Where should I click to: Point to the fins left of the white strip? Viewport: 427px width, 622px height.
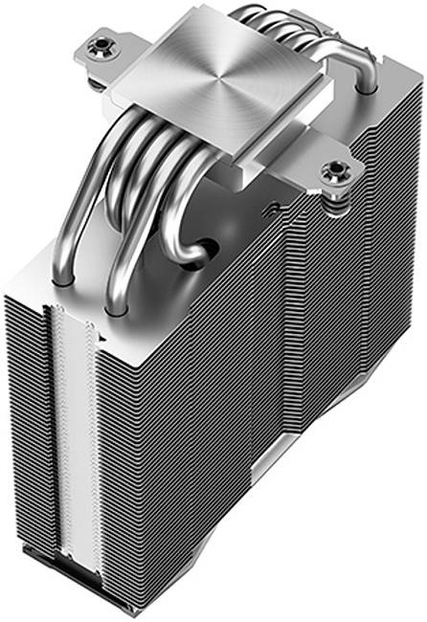23,431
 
